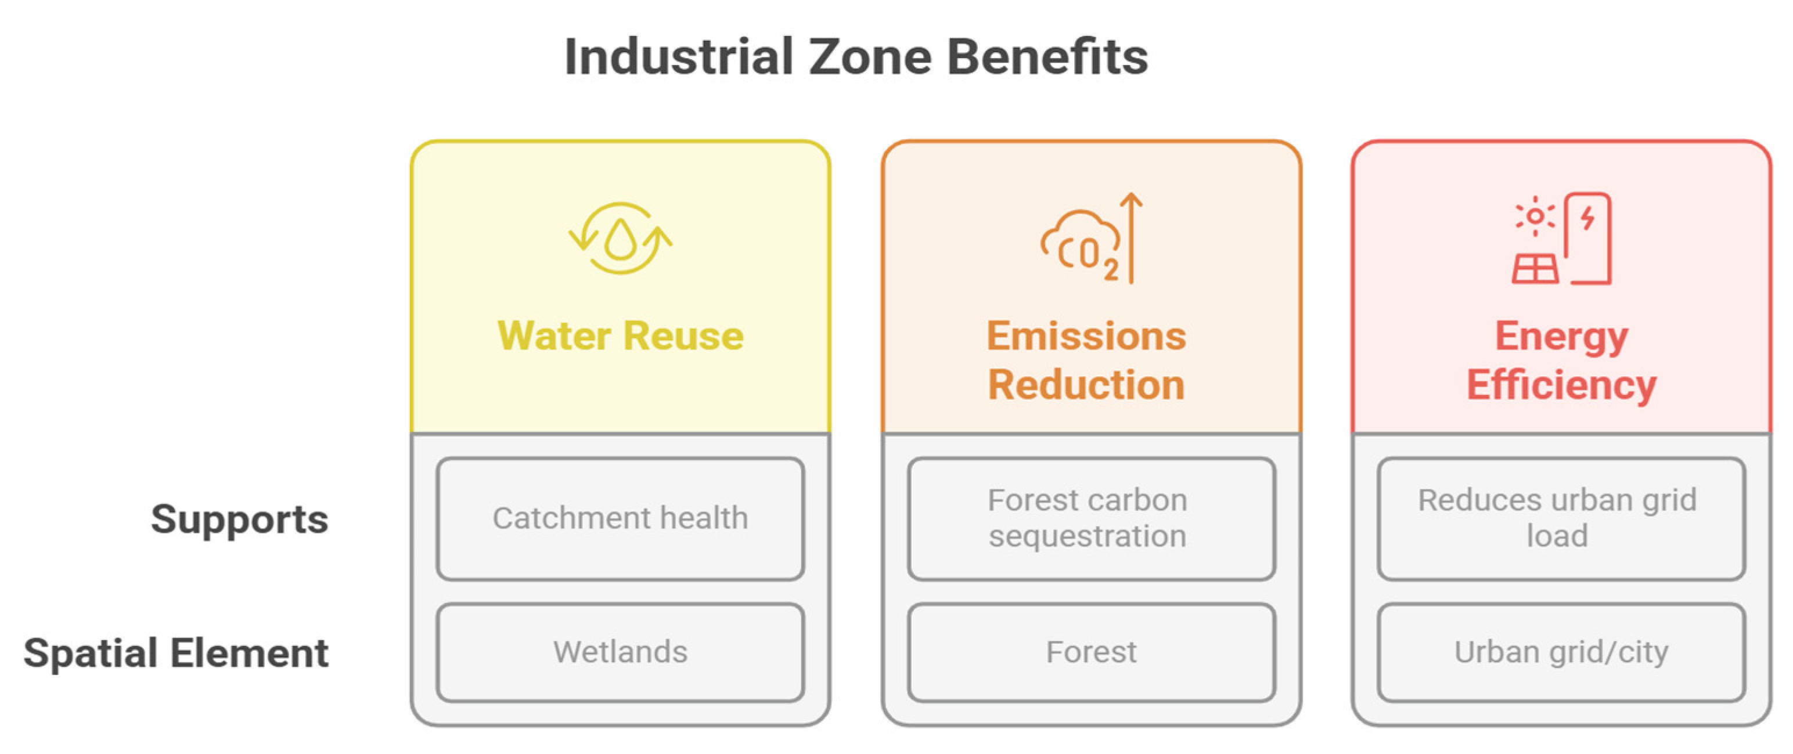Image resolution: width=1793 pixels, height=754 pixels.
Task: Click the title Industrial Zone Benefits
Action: pos(856,57)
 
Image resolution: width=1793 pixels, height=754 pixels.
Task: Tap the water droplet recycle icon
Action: pos(620,239)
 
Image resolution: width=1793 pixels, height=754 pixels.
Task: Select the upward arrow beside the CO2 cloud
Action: pos(1132,236)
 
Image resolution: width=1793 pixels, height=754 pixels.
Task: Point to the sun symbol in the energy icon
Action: pos(1534,217)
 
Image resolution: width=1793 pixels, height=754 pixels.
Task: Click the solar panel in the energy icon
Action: pos(1535,269)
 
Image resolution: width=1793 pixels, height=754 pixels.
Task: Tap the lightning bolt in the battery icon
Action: pos(1587,218)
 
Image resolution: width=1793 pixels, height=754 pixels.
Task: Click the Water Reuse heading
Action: pos(620,336)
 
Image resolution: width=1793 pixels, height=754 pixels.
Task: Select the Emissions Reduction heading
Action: pos(1086,360)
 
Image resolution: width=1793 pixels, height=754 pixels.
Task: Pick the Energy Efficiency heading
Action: pos(1561,360)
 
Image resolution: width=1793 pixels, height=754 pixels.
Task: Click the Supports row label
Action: pos(239,519)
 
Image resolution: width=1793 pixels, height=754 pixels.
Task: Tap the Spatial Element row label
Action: pos(175,653)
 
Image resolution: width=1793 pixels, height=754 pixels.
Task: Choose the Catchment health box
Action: pos(620,518)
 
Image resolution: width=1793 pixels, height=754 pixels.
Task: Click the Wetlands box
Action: pos(620,652)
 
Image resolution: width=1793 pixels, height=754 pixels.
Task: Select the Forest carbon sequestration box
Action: pos(1090,518)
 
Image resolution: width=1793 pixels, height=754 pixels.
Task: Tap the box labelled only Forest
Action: pos(1090,652)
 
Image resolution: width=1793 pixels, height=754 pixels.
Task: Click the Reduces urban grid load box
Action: pos(1561,518)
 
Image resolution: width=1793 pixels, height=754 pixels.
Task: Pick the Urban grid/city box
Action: pos(1561,652)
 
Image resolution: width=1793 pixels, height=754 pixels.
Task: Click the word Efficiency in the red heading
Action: pos(1561,385)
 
